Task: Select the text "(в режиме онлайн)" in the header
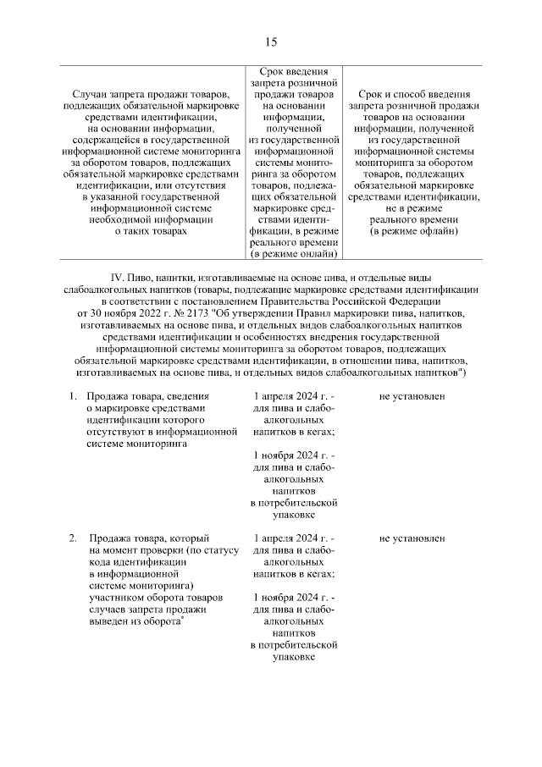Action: click(x=293, y=252)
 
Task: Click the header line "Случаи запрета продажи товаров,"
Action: click(x=149, y=92)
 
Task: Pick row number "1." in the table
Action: click(x=73, y=396)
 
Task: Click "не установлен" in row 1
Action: click(x=412, y=396)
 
